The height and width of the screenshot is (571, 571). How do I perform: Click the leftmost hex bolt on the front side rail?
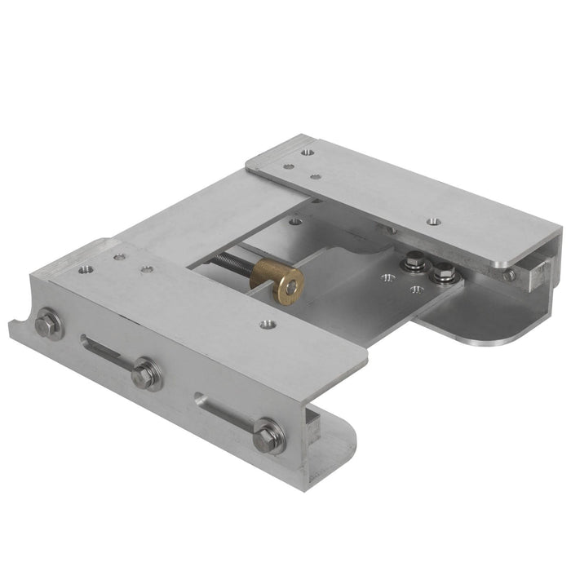48,325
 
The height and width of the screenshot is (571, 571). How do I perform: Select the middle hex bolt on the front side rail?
146,375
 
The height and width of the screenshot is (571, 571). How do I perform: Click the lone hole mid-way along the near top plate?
265,325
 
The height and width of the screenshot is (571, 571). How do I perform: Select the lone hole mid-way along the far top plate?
432,220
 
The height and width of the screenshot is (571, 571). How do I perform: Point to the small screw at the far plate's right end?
509,275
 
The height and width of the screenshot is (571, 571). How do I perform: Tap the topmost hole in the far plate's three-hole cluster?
306,152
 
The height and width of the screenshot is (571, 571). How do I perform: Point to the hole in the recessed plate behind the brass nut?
294,220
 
